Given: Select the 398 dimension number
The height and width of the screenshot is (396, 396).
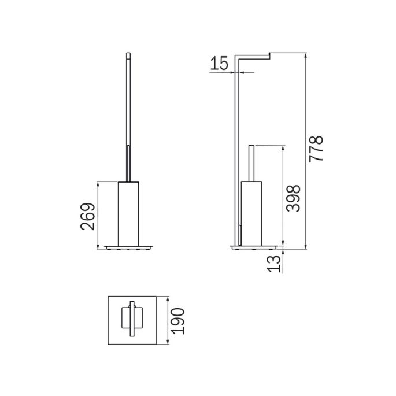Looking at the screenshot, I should click(294, 198).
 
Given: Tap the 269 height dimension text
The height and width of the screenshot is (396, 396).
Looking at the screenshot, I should click(87, 216).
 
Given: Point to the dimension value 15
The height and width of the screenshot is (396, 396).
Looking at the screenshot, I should click(219, 64).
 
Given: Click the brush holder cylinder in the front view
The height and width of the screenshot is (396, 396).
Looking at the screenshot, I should click(127, 212).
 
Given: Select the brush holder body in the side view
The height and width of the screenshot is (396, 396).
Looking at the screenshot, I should click(251, 212).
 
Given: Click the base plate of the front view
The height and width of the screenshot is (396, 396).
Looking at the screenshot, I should click(127, 246).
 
